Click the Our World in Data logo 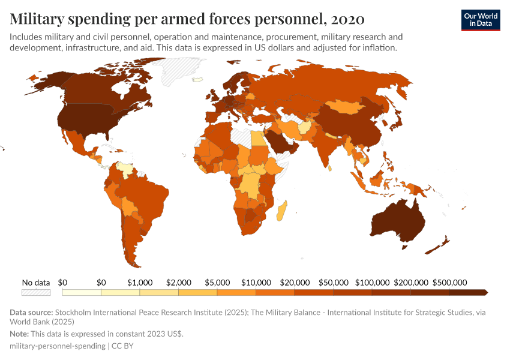tap(480, 20)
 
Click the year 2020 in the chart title tap(347, 19)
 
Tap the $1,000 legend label tap(140, 282)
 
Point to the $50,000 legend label tap(333, 282)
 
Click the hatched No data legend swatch tap(36, 293)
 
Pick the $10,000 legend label tap(256, 282)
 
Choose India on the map tap(326, 147)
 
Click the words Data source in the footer tap(31, 313)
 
